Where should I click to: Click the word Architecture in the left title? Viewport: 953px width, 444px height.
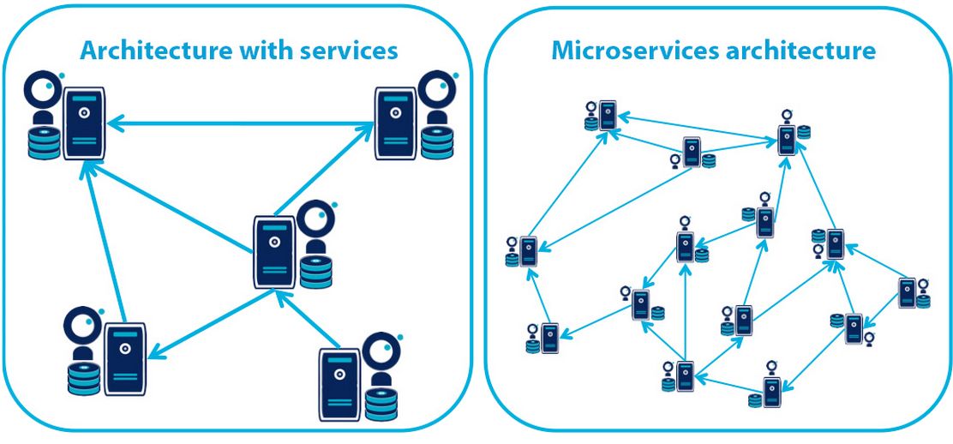click(141, 51)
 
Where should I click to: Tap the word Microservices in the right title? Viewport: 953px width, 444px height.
click(633, 51)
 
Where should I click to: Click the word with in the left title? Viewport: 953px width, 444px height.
click(246, 51)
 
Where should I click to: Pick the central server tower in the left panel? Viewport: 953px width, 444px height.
click(275, 252)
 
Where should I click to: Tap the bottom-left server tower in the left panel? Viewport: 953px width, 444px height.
click(125, 358)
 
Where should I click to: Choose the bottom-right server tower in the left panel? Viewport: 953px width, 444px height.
click(339, 381)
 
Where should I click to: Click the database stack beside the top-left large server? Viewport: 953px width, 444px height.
click(44, 142)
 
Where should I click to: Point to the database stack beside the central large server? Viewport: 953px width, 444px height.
click(316, 271)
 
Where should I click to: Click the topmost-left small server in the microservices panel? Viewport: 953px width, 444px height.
click(608, 116)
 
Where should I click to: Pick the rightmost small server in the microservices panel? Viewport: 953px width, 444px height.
click(908, 292)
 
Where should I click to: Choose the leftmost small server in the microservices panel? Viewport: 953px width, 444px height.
click(528, 250)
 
